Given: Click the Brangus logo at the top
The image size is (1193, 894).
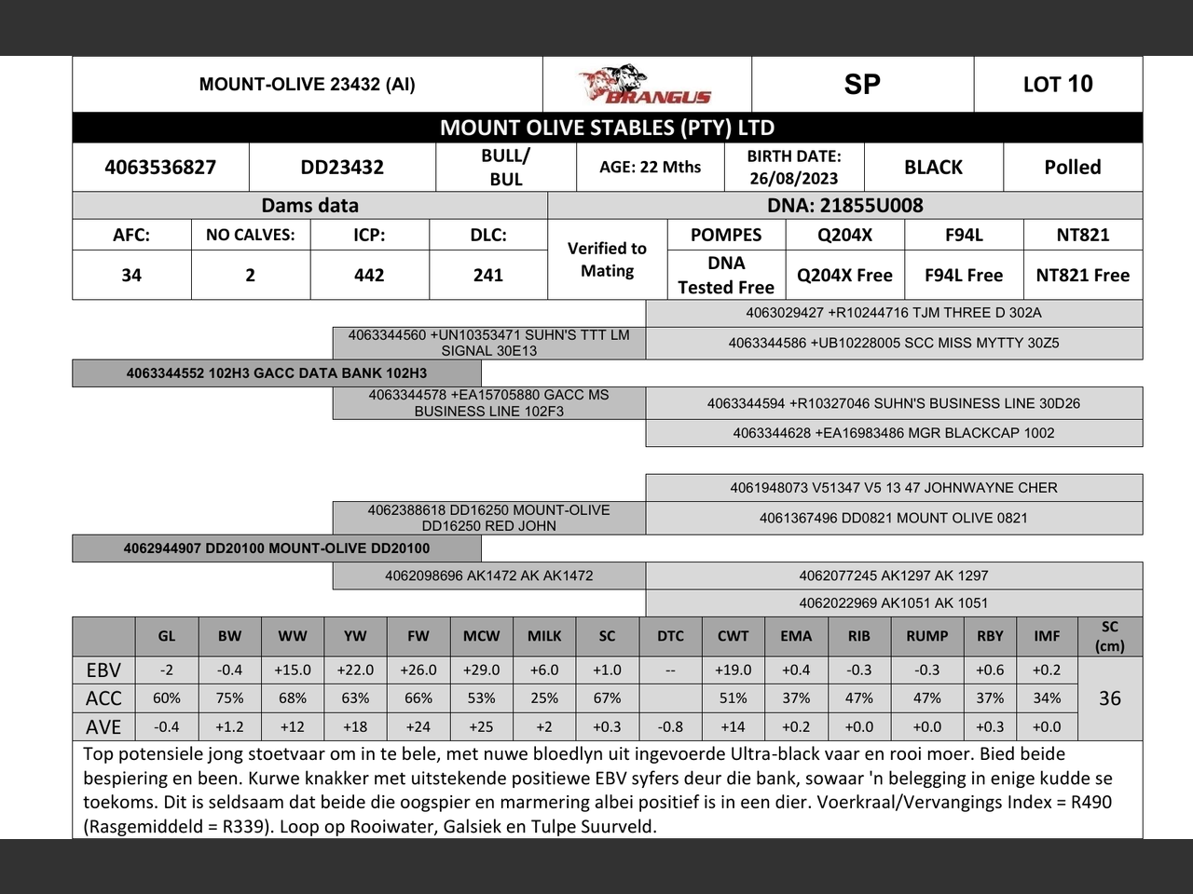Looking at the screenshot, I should point(646,85).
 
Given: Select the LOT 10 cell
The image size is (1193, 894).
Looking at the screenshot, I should point(1058,85).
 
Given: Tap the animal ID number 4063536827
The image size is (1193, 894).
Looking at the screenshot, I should point(160,168).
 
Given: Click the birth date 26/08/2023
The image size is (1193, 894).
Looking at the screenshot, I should point(793,178).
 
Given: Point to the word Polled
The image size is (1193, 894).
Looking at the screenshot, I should point(1072,168).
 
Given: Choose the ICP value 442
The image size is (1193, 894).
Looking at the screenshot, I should point(369,276).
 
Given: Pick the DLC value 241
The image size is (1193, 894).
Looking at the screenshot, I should point(487,276).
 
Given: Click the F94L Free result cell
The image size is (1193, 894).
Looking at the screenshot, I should point(964,276).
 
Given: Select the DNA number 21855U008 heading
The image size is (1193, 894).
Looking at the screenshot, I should point(844,206).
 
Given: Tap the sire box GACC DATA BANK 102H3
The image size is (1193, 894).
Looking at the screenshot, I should point(277,373).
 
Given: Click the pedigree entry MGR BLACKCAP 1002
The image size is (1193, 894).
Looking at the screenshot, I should point(893,433).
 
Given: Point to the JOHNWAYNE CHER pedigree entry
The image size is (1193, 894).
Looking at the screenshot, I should point(893,488).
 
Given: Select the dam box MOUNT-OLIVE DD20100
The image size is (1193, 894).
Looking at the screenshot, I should point(277,549).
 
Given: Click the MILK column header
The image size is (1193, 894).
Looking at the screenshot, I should point(544,636).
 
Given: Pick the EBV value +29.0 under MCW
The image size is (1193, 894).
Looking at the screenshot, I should point(481,670).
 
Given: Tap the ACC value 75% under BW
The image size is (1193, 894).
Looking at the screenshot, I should point(229,698).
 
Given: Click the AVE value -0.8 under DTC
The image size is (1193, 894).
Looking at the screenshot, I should point(670,727).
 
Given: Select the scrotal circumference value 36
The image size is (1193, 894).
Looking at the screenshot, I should point(1109,698).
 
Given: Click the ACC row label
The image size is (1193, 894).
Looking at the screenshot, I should point(103,698).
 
